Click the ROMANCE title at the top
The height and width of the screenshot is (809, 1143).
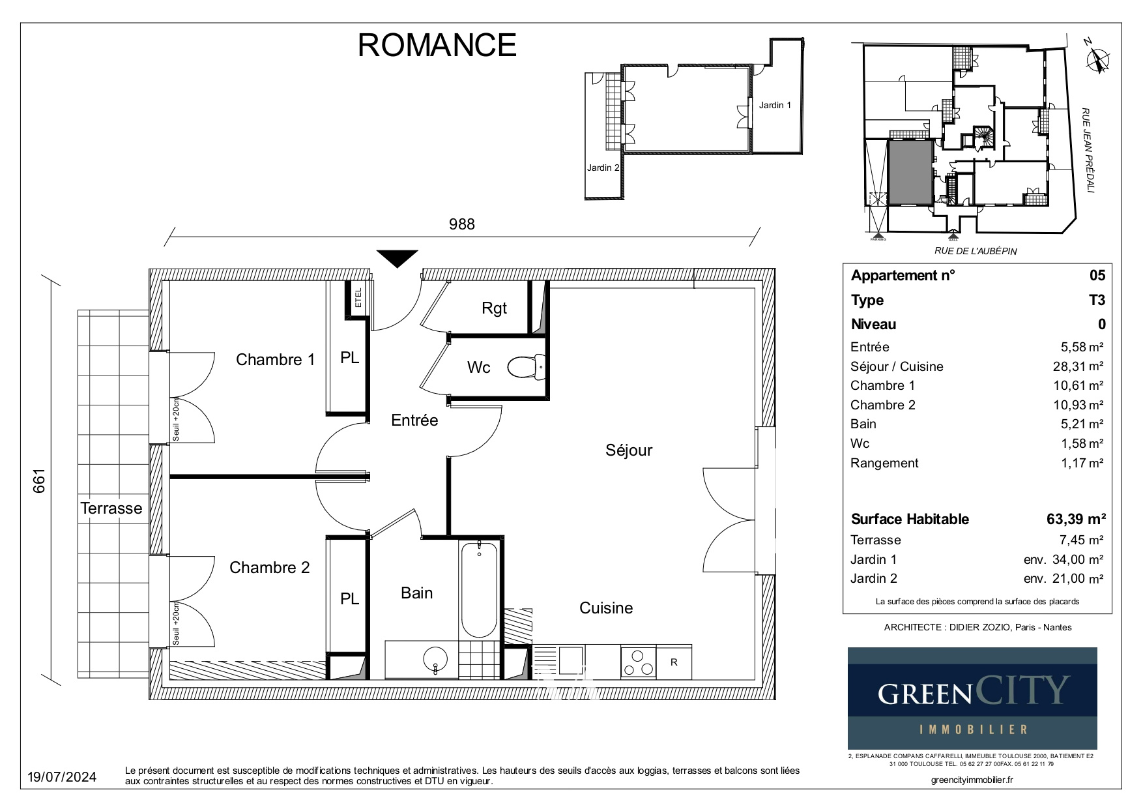[437, 45]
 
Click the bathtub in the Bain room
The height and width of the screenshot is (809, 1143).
[479, 589]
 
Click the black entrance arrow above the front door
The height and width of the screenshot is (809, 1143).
[398, 259]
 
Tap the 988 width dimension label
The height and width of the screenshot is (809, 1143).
[462, 224]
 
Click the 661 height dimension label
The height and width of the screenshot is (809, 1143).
[39, 481]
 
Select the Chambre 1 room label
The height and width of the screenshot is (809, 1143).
[275, 359]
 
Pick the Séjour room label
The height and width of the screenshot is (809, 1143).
[628, 450]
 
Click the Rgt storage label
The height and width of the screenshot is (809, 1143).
[494, 308]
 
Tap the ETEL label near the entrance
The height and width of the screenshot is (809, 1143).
[358, 298]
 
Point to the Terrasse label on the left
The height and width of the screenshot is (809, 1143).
[111, 508]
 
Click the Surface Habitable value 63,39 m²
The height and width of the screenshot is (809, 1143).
[1075, 519]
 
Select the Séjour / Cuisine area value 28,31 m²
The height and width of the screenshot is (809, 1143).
[1078, 366]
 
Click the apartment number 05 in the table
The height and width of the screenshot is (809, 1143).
[1097, 275]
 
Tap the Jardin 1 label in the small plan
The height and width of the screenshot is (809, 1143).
[775, 105]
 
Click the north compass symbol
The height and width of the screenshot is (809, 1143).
[1097, 59]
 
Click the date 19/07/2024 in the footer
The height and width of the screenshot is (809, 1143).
[63, 777]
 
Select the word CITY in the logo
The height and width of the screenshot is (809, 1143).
[1022, 690]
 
